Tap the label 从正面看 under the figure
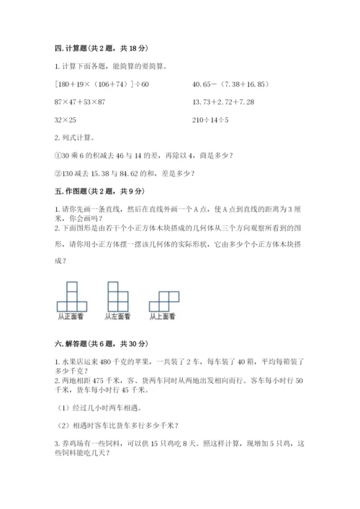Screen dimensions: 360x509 (x=70, y=315)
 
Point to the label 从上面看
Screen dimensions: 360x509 (x=163, y=315)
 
